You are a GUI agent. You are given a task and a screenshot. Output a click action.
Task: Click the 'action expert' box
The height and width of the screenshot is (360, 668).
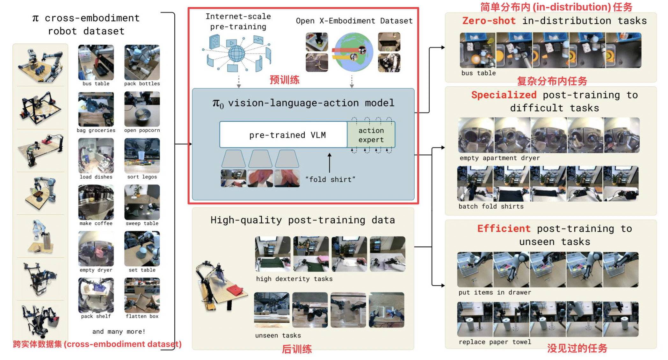click(371, 135)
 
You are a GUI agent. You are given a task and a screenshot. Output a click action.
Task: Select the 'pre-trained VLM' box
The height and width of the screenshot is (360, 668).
click(283, 135)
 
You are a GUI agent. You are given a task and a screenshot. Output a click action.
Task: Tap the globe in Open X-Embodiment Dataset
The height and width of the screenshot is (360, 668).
click(353, 52)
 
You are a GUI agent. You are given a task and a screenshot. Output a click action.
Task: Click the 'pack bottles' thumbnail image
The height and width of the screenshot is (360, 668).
click(142, 62)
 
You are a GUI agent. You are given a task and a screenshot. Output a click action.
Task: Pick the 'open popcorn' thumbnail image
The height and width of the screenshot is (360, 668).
click(142, 109)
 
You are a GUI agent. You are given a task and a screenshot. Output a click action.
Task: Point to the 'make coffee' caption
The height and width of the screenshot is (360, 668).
click(96, 223)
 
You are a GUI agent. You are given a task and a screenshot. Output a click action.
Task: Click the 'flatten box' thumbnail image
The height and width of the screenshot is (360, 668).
click(142, 295)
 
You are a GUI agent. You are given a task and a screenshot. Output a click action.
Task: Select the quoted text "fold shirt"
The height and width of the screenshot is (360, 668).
click(330, 179)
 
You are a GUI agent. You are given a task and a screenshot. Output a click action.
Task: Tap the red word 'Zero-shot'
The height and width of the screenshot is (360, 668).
click(489, 21)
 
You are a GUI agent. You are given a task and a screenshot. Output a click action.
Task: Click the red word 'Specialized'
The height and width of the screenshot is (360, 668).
click(504, 95)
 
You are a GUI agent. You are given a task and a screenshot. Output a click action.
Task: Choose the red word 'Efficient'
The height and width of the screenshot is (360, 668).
click(504, 228)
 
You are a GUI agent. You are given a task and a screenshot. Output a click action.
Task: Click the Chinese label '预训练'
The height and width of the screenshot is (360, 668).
click(284, 80)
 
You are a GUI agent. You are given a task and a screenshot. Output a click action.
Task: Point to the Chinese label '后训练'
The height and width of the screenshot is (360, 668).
click(297, 349)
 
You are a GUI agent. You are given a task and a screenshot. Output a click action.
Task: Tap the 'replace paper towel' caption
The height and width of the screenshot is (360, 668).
click(495, 342)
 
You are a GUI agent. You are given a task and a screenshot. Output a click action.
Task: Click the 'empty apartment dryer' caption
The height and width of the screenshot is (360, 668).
click(499, 158)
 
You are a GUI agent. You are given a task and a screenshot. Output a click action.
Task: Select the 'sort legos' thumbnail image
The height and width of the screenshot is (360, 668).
click(142, 155)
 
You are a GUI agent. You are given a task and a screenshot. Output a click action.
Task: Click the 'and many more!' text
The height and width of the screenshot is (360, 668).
click(119, 331)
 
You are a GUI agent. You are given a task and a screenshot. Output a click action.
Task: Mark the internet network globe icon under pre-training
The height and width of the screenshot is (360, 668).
click(236, 54)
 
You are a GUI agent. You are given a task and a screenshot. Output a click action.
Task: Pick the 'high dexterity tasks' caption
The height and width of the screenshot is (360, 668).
click(294, 279)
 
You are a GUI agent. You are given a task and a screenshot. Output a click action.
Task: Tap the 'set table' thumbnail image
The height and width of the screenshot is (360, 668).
click(142, 248)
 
